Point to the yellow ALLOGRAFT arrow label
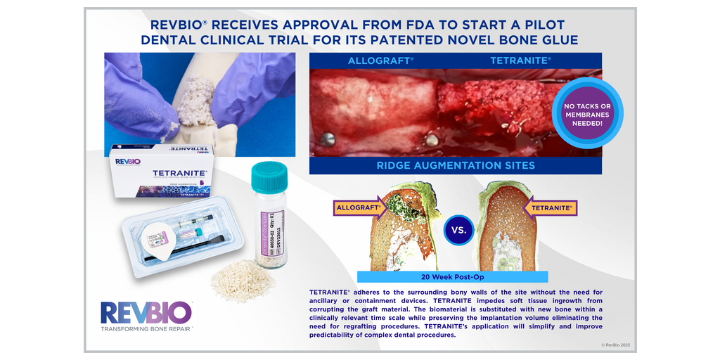pyautogui.click(x=359, y=208)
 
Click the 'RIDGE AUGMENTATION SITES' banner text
pyautogui.click(x=455, y=165)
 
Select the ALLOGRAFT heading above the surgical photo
pyautogui.click(x=380, y=61)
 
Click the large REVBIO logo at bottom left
pyautogui.click(x=146, y=312)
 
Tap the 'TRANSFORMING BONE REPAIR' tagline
pyautogui.click(x=146, y=328)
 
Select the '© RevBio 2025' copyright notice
pyautogui.click(x=616, y=345)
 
